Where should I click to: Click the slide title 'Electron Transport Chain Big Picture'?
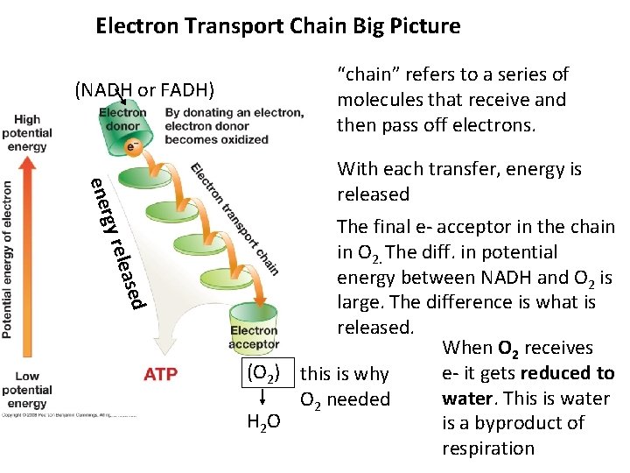(x=277, y=26)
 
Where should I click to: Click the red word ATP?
(x=160, y=375)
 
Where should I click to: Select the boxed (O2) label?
(x=262, y=372)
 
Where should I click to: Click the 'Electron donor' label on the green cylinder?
(x=122, y=119)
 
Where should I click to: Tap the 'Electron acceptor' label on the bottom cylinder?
(x=254, y=337)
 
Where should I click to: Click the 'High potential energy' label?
(x=26, y=133)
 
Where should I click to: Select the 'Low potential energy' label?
(x=26, y=390)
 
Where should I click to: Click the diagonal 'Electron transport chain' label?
(x=234, y=219)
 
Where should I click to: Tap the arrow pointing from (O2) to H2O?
(x=262, y=399)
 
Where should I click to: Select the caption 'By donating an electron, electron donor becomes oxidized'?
(x=234, y=125)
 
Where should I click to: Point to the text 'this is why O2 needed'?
(x=345, y=387)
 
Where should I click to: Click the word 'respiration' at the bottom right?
(x=488, y=448)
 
